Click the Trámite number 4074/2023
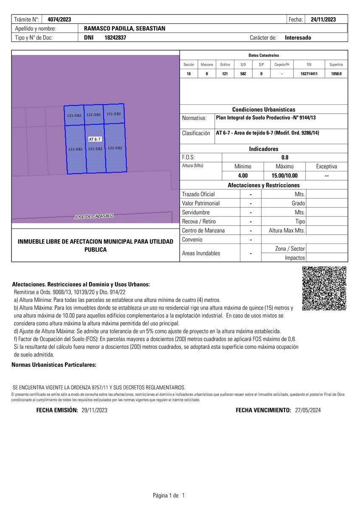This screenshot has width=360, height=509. click(x=59, y=19)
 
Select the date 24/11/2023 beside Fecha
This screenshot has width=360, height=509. click(x=323, y=19)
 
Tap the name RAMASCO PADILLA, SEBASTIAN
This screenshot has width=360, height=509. click(x=125, y=28)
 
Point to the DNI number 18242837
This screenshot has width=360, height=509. click(x=115, y=37)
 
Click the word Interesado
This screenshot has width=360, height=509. click(x=298, y=37)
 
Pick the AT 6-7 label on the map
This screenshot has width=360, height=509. click(x=95, y=139)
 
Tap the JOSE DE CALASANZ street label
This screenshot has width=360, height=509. click(x=94, y=216)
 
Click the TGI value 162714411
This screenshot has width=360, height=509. click(x=309, y=73)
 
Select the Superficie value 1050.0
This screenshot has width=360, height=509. click(x=336, y=73)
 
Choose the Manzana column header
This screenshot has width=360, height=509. click(x=207, y=64)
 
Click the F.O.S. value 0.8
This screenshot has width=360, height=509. click(x=285, y=157)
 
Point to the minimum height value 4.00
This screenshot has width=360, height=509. click(x=243, y=176)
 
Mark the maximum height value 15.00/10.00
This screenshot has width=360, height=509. click(x=284, y=176)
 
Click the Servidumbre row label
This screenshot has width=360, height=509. click(x=196, y=212)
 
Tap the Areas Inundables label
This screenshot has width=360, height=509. click(x=201, y=253)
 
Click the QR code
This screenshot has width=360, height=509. click(x=324, y=288)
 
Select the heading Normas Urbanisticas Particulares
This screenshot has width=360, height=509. click(x=54, y=365)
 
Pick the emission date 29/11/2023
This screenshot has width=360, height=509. click(x=94, y=410)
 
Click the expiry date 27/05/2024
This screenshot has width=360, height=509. click(x=308, y=410)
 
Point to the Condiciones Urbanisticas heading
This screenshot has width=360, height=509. click(x=264, y=109)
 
